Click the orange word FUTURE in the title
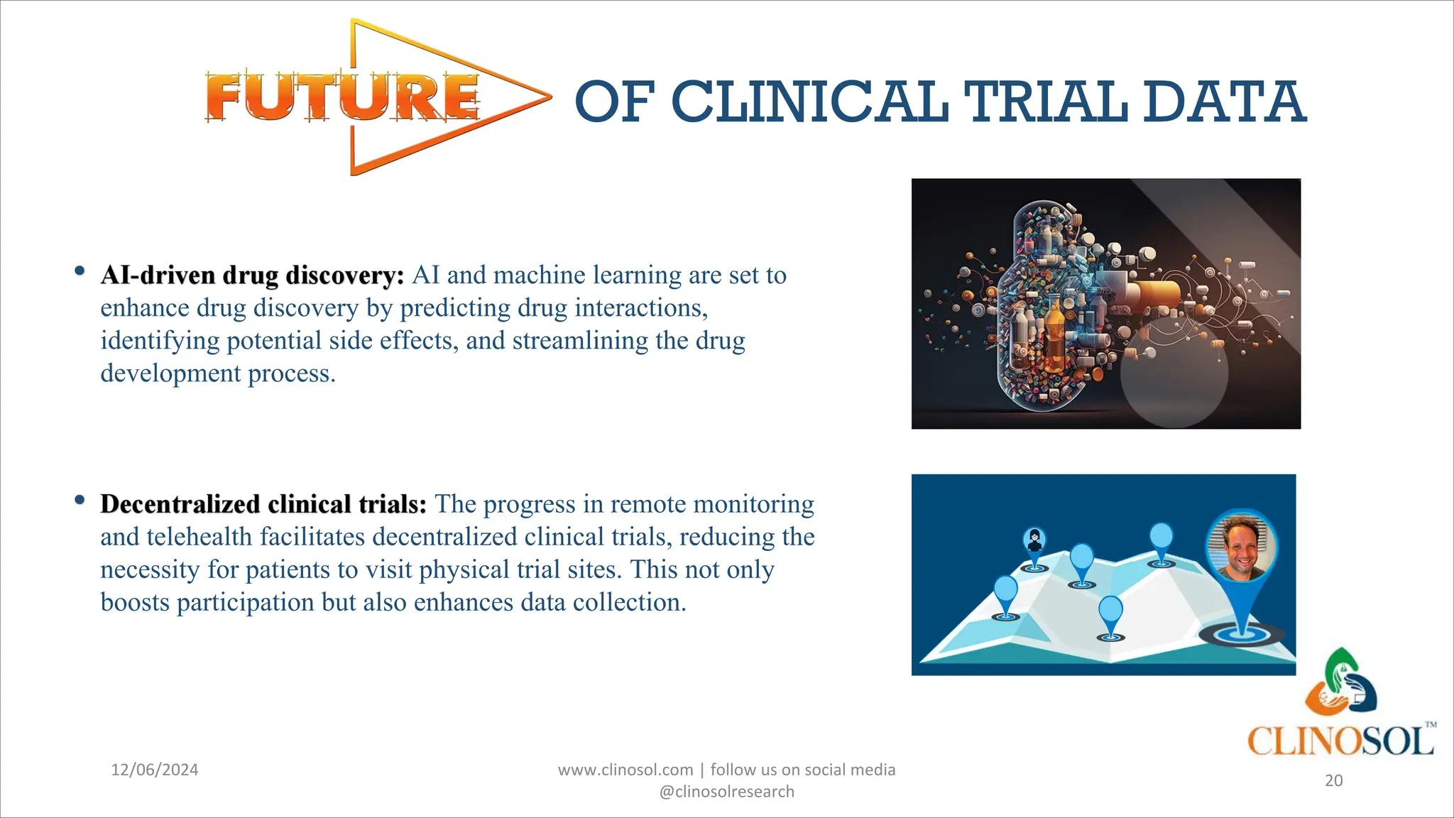(x=342, y=97)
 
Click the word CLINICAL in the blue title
(x=809, y=102)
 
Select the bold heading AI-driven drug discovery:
(x=252, y=276)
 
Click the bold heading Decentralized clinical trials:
(x=263, y=504)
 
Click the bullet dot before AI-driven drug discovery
(x=80, y=271)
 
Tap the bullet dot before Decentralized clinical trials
(x=80, y=500)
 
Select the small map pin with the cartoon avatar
(x=1034, y=543)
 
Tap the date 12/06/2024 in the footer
(x=155, y=770)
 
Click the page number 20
(x=1333, y=780)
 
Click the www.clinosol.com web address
(x=625, y=770)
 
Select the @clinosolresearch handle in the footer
(x=726, y=792)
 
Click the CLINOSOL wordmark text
(x=1340, y=741)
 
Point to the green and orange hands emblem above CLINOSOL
(x=1340, y=682)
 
